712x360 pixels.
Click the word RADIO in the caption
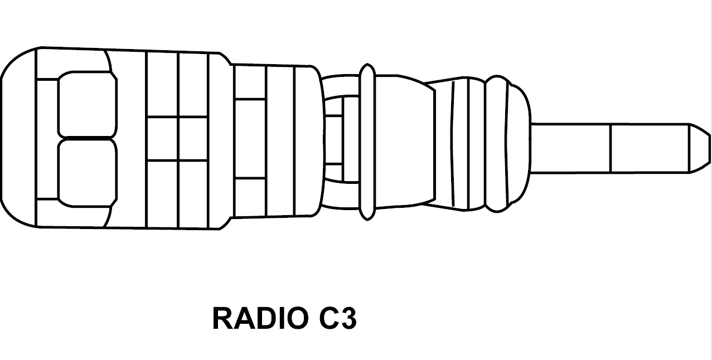point(260,318)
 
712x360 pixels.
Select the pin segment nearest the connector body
point(570,148)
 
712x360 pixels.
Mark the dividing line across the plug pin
point(611,148)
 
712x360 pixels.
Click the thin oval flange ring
point(367,142)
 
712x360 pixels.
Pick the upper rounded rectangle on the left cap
point(88,105)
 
